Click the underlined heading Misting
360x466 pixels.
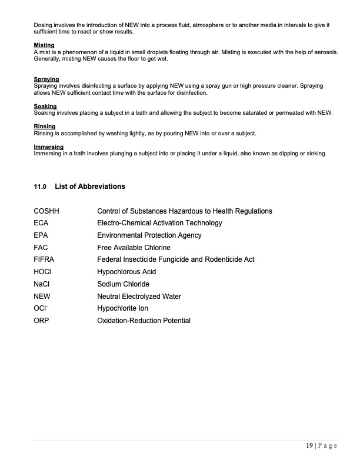click(44, 45)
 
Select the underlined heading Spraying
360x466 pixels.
click(46, 79)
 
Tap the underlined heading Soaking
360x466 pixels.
click(45, 106)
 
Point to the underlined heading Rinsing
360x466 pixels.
click(45, 127)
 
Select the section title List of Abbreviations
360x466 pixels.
click(89, 187)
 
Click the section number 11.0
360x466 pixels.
click(40, 187)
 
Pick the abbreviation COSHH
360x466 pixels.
click(47, 211)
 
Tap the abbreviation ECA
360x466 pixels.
click(41, 223)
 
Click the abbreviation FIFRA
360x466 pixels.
click(45, 259)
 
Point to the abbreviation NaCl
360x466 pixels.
click(42, 284)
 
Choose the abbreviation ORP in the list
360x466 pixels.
click(42, 321)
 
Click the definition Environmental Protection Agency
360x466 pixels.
click(149, 235)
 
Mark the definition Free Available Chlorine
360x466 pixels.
click(134, 248)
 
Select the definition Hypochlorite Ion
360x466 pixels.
click(122, 308)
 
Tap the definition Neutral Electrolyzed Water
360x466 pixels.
click(139, 297)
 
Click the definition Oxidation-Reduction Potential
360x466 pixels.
click(144, 321)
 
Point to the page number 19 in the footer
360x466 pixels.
click(309, 445)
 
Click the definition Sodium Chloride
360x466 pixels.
click(123, 284)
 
